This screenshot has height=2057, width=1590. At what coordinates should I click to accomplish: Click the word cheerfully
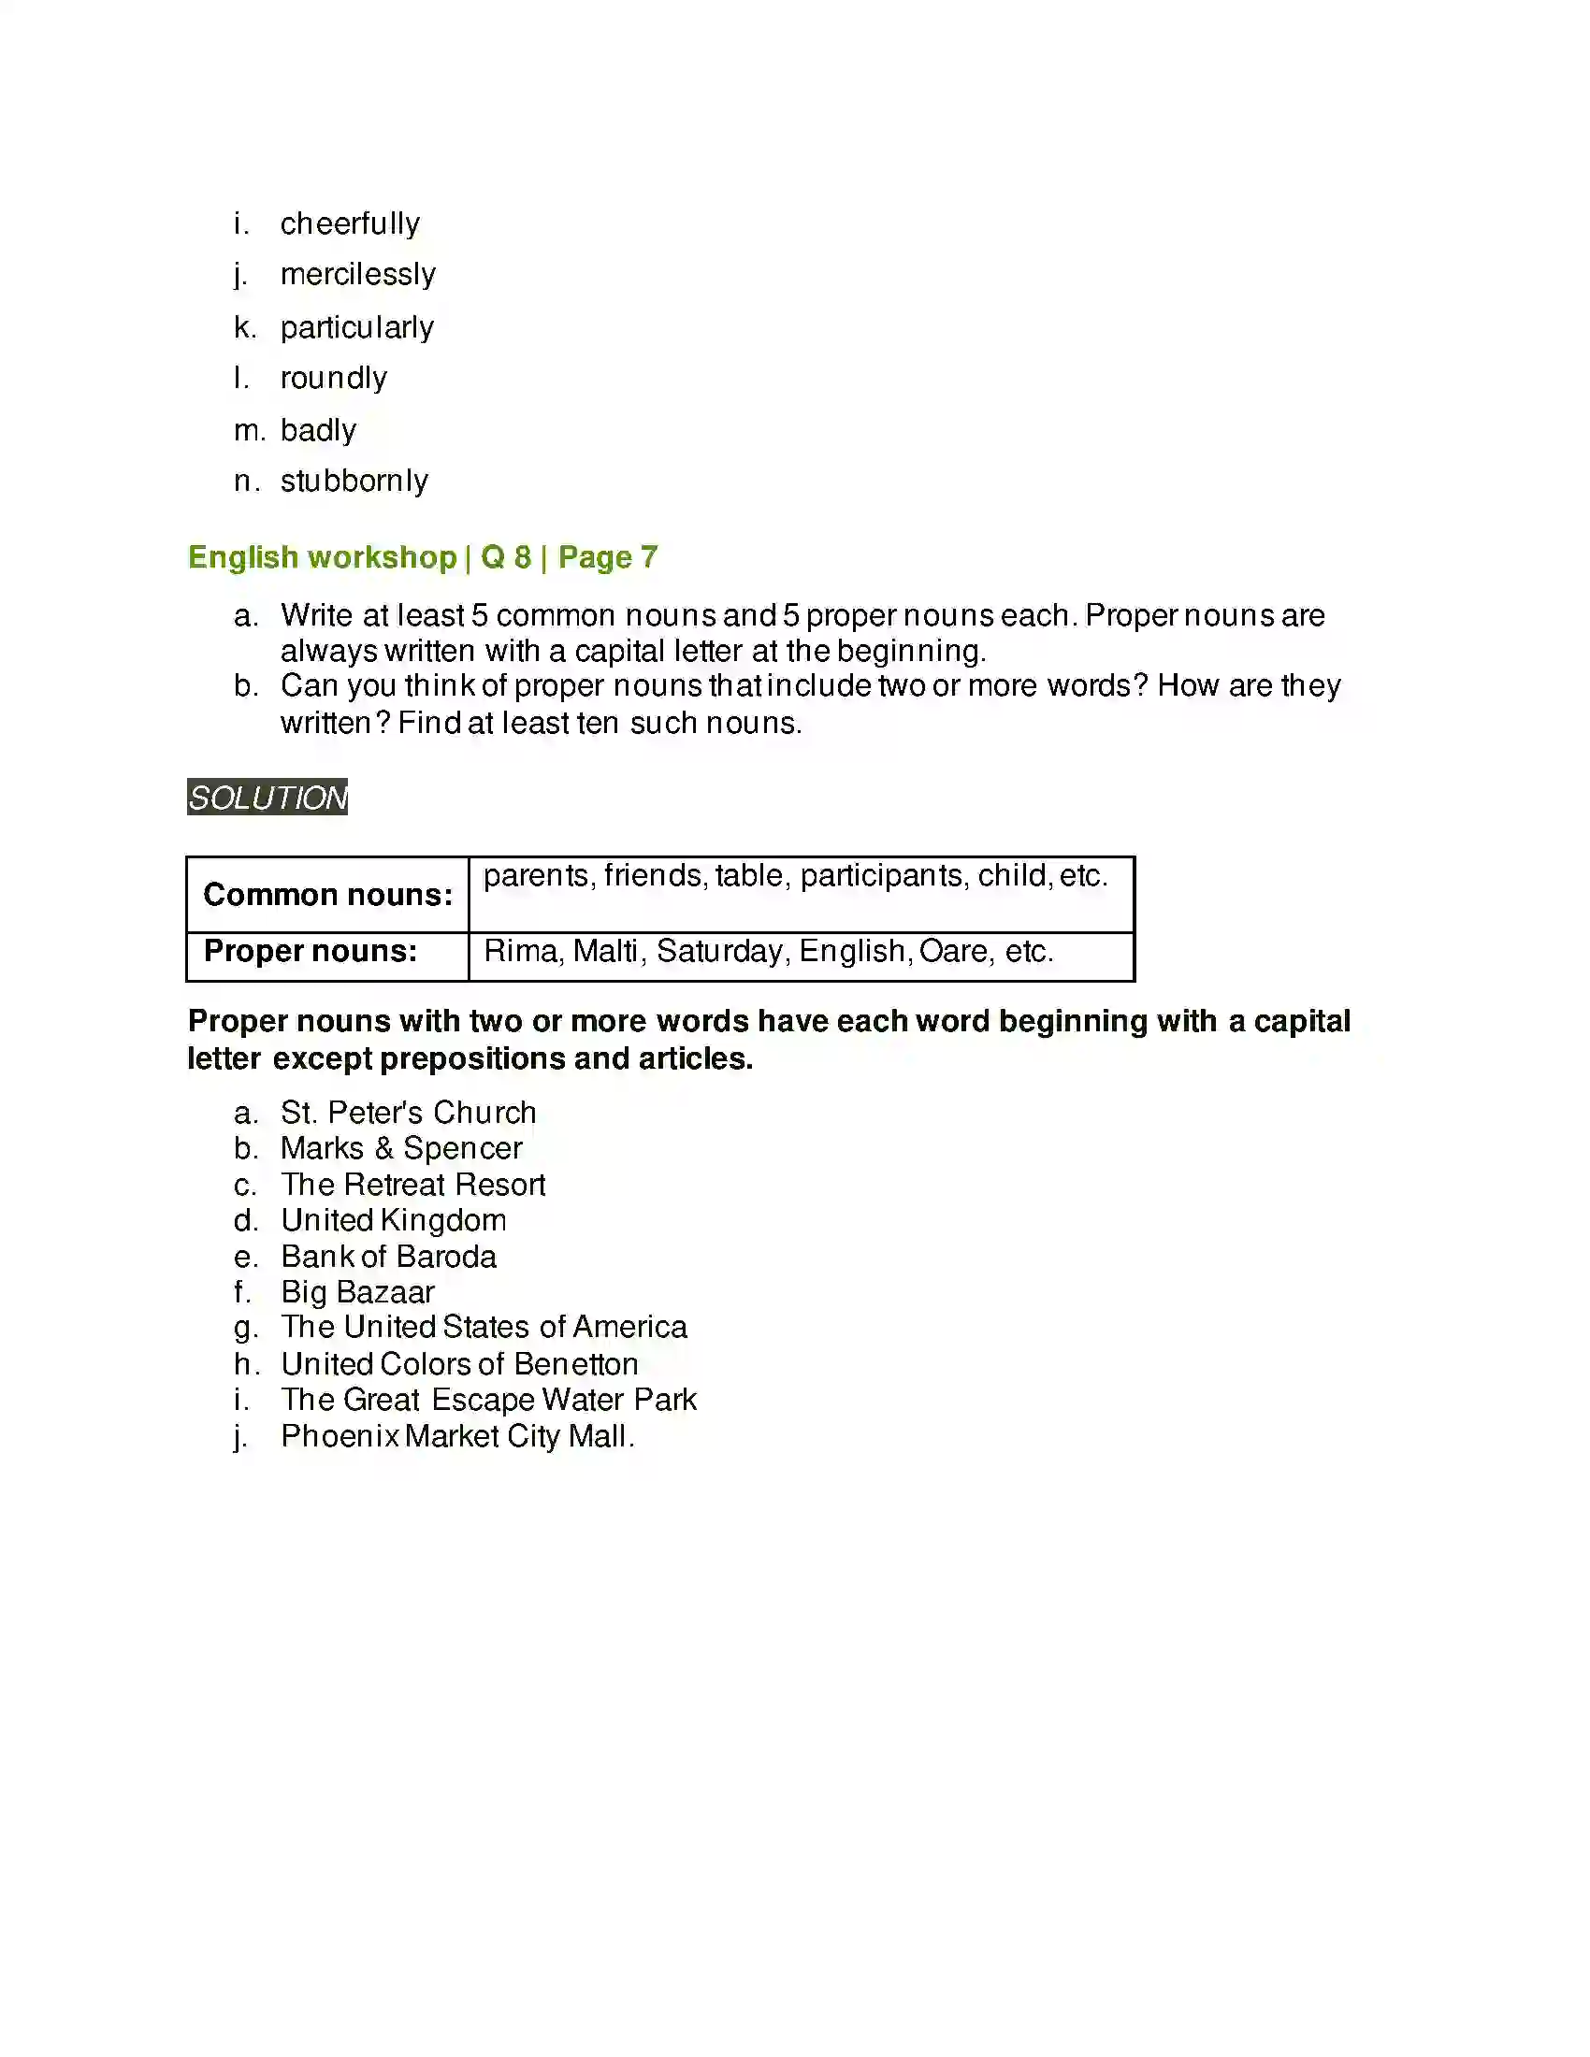point(350,224)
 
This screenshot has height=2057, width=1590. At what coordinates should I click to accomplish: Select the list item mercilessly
point(358,275)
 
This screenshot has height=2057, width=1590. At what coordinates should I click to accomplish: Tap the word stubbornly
point(354,482)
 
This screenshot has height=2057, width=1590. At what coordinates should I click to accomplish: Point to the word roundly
point(334,379)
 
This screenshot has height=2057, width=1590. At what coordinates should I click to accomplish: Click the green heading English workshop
point(322,557)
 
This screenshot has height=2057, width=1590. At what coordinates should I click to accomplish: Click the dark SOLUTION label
point(267,798)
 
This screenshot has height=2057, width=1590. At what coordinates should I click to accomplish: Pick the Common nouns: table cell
point(327,895)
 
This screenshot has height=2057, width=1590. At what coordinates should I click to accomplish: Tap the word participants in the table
point(882,876)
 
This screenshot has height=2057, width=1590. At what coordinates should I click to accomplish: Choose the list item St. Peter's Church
point(408,1113)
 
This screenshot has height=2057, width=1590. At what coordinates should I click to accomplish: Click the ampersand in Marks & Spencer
point(383,1149)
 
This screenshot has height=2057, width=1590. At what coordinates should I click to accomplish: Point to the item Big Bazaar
point(357,1292)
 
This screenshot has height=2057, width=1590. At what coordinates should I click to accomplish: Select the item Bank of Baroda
point(388,1257)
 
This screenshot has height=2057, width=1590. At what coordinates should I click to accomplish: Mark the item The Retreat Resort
point(412,1185)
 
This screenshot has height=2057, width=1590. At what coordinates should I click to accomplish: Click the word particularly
point(357,328)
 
